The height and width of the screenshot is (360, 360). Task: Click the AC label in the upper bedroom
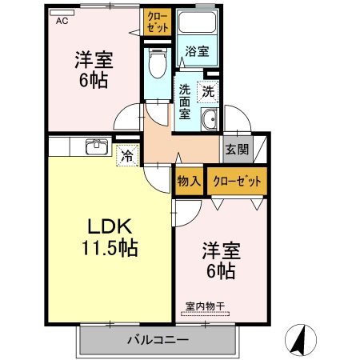62,22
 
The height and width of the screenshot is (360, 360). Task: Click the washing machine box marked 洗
208,91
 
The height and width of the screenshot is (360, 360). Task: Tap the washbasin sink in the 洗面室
210,121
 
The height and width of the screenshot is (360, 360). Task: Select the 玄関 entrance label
237,150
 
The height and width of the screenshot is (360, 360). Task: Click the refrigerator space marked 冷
126,155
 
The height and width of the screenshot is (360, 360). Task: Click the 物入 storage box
189,181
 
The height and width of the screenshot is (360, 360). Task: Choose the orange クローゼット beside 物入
237,181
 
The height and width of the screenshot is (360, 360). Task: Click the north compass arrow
300,339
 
